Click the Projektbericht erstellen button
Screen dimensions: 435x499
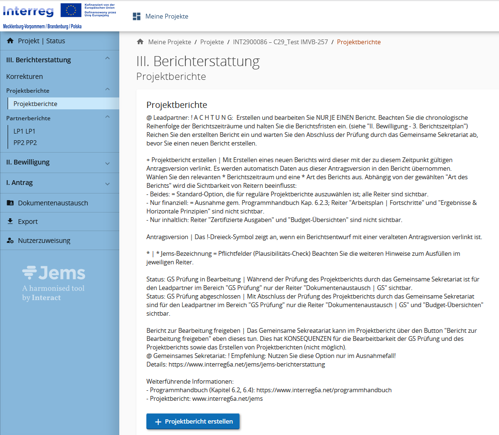[193, 421]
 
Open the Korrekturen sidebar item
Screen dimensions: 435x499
[25, 77]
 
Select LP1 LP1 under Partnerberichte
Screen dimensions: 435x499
[25, 131]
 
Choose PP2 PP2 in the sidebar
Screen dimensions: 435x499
[25, 143]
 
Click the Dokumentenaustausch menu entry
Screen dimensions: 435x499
[53, 203]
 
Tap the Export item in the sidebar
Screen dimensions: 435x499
[28, 222]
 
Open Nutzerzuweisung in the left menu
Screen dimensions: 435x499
[44, 241]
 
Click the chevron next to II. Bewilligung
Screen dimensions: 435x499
[107, 163]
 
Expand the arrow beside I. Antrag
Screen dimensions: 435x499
[107, 184]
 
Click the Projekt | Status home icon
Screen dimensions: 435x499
[10, 41]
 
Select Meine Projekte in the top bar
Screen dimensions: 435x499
[166, 17]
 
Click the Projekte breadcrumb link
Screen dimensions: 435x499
[212, 42]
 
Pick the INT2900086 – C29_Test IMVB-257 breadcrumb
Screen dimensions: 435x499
[280, 42]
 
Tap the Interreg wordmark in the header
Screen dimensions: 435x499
[28, 10]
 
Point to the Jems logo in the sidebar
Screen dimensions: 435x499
[54, 273]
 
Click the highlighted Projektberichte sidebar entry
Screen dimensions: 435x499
[36, 104]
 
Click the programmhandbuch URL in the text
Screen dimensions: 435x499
[324, 390]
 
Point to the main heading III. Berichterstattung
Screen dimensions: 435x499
[198, 61]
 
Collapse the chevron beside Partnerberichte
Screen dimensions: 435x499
[107, 117]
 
